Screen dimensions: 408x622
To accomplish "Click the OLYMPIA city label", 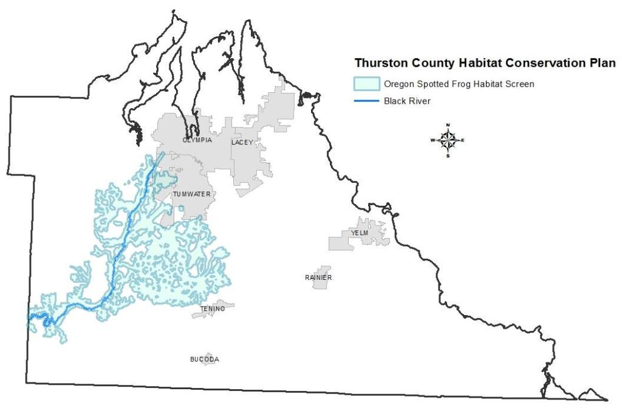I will (197, 140).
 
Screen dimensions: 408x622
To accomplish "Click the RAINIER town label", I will (318, 277).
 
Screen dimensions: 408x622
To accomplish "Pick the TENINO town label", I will (213, 309).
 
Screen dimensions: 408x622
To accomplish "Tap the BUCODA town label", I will (205, 359).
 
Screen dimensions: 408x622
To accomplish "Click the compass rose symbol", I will (448, 140).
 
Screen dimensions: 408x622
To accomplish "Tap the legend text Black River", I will (407, 101).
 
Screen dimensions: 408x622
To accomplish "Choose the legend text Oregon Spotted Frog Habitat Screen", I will (459, 84).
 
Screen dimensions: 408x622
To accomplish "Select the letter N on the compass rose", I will (448, 125).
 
